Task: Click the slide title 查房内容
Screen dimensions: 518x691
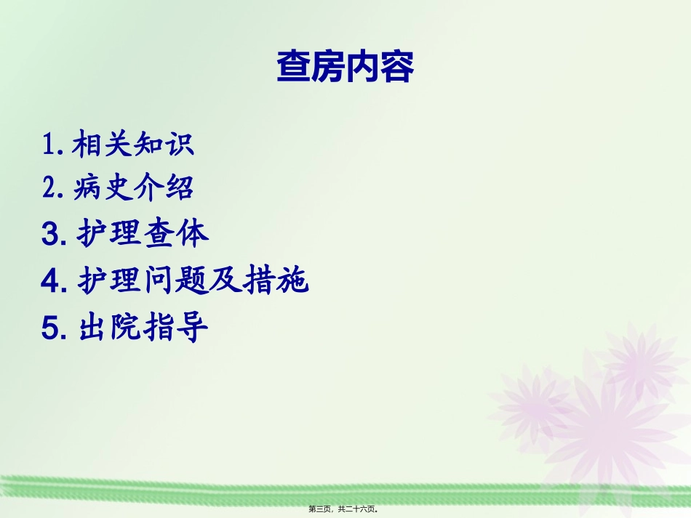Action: click(345, 68)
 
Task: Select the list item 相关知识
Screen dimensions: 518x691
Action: click(133, 145)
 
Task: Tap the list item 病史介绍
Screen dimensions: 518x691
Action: click(133, 188)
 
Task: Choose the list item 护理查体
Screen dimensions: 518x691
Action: click(143, 234)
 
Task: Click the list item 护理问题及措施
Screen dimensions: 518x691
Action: click(193, 281)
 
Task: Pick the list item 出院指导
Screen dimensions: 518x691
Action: click(143, 328)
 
